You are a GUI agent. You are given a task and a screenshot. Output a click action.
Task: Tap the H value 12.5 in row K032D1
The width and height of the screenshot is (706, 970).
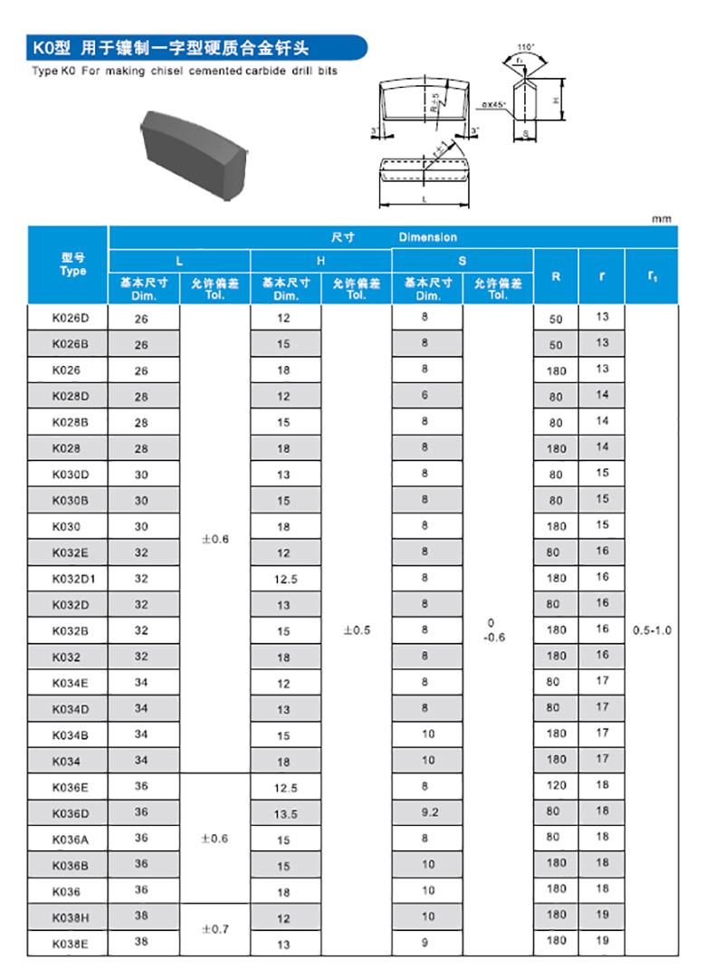(x=285, y=579)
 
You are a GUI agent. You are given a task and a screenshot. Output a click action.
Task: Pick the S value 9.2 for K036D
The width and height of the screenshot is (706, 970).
(x=429, y=812)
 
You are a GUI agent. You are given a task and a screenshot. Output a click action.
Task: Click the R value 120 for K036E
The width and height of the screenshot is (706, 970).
(x=556, y=786)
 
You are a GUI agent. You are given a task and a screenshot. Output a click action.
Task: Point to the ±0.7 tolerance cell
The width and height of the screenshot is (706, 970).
(x=215, y=929)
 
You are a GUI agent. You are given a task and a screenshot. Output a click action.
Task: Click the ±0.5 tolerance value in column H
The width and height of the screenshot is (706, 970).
(x=357, y=630)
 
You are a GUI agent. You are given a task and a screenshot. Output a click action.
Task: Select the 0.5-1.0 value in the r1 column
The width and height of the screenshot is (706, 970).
(x=653, y=629)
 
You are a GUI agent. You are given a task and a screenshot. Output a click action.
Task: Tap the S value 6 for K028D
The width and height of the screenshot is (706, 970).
(x=425, y=396)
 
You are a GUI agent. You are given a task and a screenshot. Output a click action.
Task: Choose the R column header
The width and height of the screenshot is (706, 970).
(x=556, y=275)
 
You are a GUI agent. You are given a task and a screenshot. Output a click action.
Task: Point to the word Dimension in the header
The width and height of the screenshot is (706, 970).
(x=428, y=237)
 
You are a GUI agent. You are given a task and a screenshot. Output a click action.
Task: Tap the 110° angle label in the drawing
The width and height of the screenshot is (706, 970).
(x=526, y=46)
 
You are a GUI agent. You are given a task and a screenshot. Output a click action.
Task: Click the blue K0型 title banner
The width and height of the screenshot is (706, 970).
(x=195, y=47)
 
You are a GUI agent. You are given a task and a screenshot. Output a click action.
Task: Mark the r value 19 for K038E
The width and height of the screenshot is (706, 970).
(x=603, y=941)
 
